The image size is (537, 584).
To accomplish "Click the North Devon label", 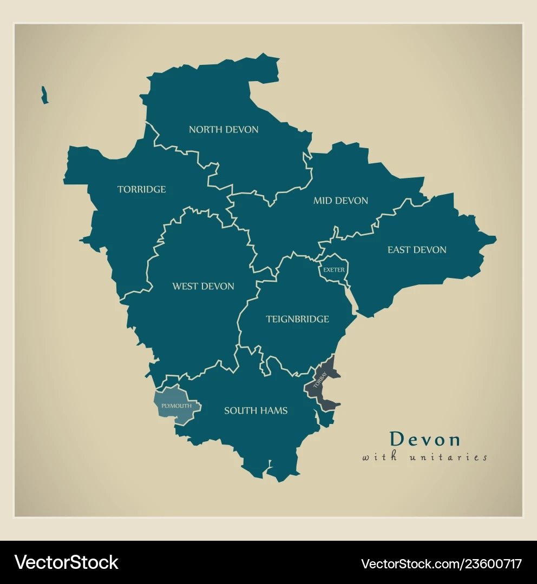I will pyautogui.click(x=223, y=130).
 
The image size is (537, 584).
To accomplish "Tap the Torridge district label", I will pyautogui.click(x=141, y=189).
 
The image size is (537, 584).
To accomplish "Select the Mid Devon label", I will pyautogui.click(x=340, y=201).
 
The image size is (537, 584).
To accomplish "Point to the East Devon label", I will pyautogui.click(x=417, y=250).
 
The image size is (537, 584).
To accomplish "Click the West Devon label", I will pyautogui.click(x=203, y=286).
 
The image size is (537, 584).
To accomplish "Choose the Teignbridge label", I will pyautogui.click(x=297, y=319).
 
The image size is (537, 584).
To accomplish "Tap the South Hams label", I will pyautogui.click(x=256, y=410).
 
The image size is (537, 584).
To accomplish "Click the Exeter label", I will pyautogui.click(x=333, y=270).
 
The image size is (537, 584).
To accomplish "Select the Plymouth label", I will pyautogui.click(x=176, y=406).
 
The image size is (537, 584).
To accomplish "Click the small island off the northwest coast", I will pyautogui.click(x=44, y=95).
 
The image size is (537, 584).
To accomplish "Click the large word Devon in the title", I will pyautogui.click(x=425, y=439).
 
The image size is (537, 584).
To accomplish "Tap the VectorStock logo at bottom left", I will pyautogui.click(x=66, y=562).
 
